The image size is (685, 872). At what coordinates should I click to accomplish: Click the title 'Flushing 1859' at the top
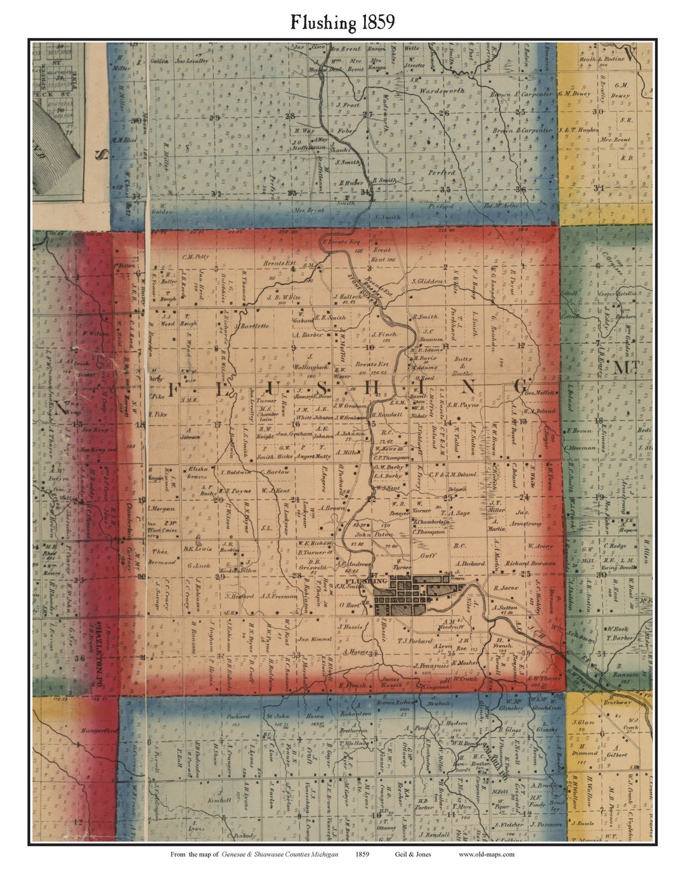point(342,23)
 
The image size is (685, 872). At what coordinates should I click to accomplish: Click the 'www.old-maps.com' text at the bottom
point(486,854)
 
